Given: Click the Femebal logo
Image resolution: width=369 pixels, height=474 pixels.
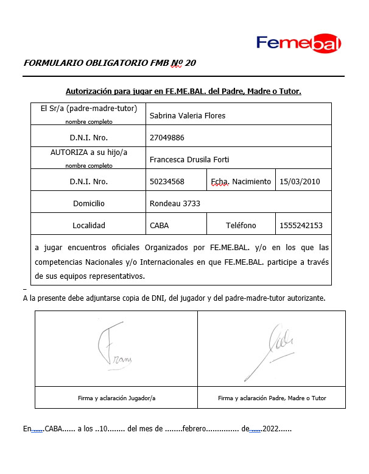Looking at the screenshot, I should pyautogui.click(x=298, y=43).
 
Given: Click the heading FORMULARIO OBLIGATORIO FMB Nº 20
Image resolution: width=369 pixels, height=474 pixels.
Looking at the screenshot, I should pyautogui.click(x=110, y=63).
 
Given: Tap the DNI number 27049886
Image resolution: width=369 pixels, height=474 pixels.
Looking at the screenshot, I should pyautogui.click(x=167, y=137).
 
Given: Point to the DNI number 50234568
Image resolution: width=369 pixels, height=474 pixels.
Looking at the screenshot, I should pyautogui.click(x=167, y=181).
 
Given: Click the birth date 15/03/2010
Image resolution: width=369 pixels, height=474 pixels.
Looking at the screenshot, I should pyautogui.click(x=300, y=181).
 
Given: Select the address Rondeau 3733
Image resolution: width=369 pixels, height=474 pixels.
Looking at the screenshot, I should pyautogui.click(x=175, y=203).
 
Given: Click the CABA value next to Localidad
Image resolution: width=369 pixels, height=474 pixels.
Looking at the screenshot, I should pyautogui.click(x=159, y=225).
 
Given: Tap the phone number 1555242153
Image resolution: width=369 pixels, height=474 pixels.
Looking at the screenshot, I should pyautogui.click(x=301, y=225).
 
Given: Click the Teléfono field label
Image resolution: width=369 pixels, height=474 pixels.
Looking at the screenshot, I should pyautogui.click(x=241, y=225).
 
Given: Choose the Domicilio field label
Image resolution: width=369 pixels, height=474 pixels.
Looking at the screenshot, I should pyautogui.click(x=89, y=203).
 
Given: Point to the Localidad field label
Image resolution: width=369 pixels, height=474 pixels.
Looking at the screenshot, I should pyautogui.click(x=89, y=225).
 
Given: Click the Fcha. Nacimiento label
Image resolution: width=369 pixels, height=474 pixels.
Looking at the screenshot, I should pyautogui.click(x=241, y=181).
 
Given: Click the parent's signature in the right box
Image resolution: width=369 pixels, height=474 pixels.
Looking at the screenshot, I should pyautogui.click(x=271, y=354).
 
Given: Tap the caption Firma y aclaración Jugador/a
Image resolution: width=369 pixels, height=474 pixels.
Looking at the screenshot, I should pyautogui.click(x=117, y=398).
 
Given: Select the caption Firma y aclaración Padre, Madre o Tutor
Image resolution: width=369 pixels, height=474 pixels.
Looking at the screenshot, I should pyautogui.click(x=272, y=398).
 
